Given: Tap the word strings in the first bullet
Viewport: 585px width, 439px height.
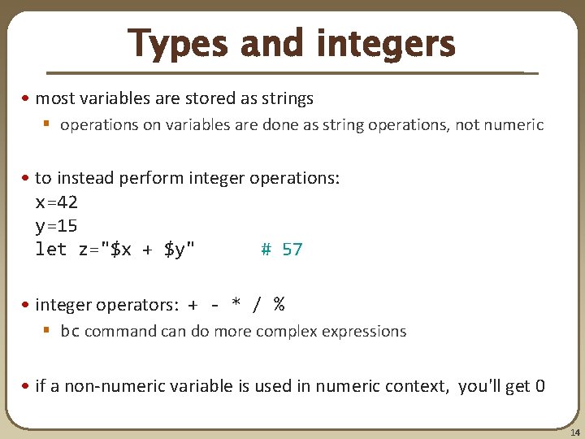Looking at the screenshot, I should coord(284,99).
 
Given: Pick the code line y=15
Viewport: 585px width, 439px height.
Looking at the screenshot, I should coord(56,225).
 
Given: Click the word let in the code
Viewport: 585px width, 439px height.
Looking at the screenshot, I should coord(51,250).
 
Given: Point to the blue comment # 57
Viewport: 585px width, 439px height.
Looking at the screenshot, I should coord(281,250).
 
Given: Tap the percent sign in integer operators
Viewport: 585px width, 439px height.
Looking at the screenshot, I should coord(279,305).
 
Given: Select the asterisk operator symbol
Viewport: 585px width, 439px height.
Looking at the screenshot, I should coord(236,306).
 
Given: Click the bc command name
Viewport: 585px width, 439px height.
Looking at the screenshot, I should coord(70,332).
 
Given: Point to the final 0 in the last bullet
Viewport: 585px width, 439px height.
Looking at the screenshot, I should coord(540,385).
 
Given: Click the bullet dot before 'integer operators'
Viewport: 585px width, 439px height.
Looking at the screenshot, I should coord(27,306).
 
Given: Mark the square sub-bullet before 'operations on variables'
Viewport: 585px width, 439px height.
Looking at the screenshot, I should coord(47,125).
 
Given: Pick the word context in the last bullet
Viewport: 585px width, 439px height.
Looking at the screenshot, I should coord(414,385).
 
